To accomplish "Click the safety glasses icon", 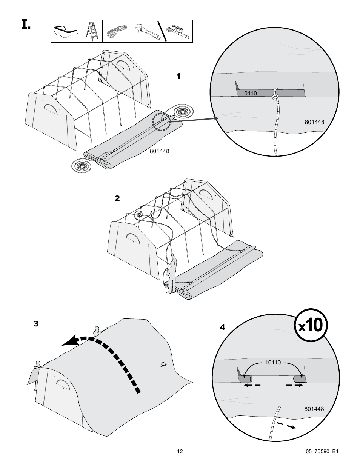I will coord(66,31).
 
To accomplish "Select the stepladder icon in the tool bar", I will coord(92,31).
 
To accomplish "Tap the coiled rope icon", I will coord(116,31).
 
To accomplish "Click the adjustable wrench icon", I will coord(145,32).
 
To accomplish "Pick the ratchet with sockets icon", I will coord(178,32).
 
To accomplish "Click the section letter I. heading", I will coord(25,25).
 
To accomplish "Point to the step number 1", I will coord(178,76).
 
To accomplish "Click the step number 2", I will coord(117,198).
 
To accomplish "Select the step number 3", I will coord(36,324).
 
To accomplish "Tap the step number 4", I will coord(222,327).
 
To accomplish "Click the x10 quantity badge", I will coord(311,325).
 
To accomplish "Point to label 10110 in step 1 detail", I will coord(249,93).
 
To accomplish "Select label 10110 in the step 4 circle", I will coord(273,362).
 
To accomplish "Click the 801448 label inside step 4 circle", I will coord(314,409).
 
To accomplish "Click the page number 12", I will coord(180,451).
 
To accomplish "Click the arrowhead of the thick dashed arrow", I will coord(68,342).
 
